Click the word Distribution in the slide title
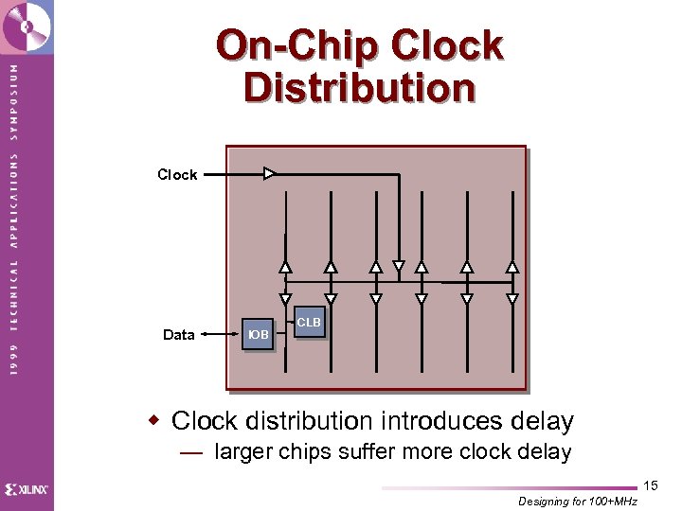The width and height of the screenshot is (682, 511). [359, 88]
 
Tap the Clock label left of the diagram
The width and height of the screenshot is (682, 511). [177, 175]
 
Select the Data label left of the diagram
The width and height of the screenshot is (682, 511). [178, 335]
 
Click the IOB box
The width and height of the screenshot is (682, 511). [258, 335]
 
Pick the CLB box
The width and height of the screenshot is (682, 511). [309, 323]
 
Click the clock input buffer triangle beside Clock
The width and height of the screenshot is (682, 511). [269, 174]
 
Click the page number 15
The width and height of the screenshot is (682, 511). [650, 485]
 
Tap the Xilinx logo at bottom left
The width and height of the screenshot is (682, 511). [27, 489]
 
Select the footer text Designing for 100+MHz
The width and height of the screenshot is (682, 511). [578, 502]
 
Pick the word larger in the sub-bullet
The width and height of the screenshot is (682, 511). [244, 452]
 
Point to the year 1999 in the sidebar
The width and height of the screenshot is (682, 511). [13, 358]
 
